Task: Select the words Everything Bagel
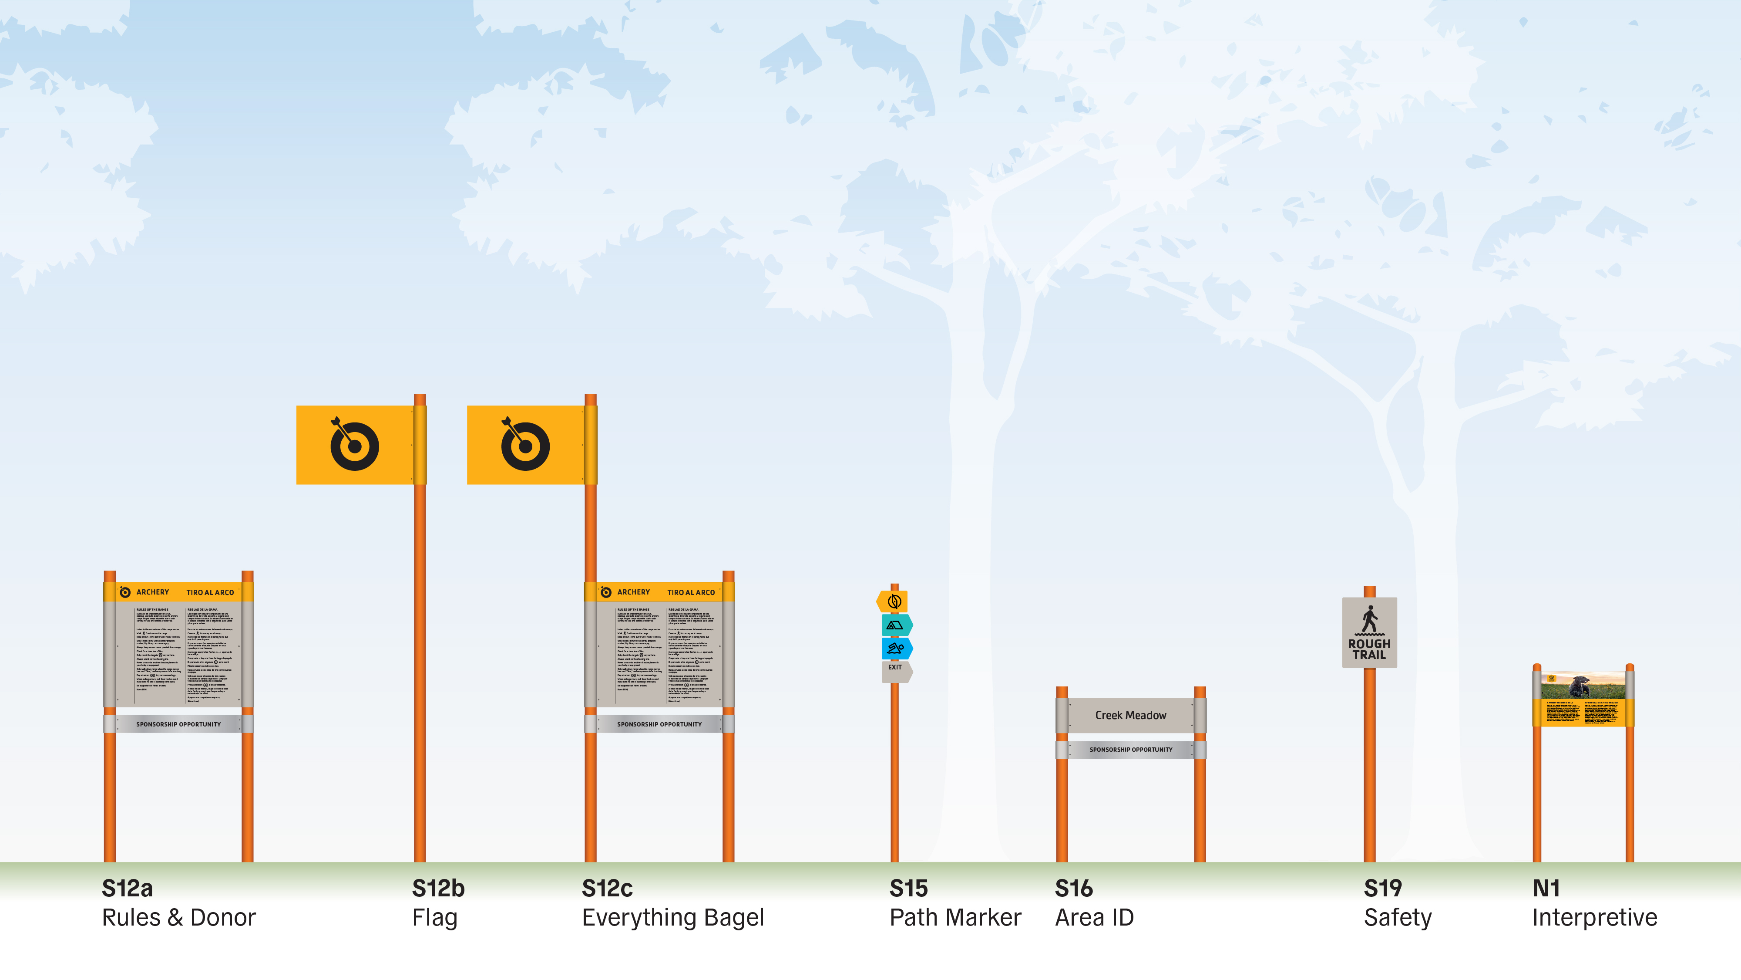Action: point(672,917)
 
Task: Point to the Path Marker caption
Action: point(955,917)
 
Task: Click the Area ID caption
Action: point(1094,917)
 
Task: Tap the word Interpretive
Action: point(1594,917)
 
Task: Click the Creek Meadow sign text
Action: point(1131,715)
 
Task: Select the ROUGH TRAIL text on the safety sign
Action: point(1369,649)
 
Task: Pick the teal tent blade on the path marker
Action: point(896,625)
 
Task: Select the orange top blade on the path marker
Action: point(894,601)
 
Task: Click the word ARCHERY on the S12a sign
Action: point(153,592)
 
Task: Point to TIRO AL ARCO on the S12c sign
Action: point(691,592)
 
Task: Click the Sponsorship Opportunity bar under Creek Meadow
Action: point(1131,749)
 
